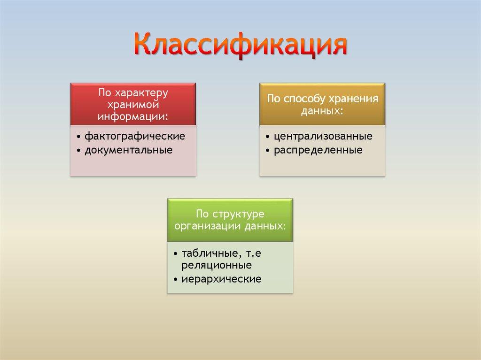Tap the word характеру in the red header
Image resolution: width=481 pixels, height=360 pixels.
point(140,92)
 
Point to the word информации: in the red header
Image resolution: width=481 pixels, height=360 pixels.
point(133,115)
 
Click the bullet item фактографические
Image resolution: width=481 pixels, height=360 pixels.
point(135,137)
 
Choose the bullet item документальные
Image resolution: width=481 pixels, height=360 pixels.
point(128,150)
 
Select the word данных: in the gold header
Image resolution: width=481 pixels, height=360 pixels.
point(323,110)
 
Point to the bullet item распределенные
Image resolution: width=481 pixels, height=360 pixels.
point(318,150)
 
